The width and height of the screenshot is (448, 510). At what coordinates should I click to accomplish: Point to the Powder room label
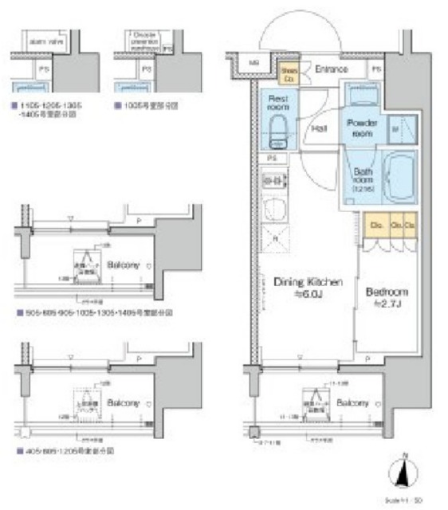[363, 129]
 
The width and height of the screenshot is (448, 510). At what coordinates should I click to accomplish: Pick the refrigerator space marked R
[275, 237]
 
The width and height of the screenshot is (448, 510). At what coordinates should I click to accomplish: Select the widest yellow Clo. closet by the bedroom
[376, 226]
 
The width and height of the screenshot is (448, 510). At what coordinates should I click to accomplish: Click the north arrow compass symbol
[405, 473]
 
